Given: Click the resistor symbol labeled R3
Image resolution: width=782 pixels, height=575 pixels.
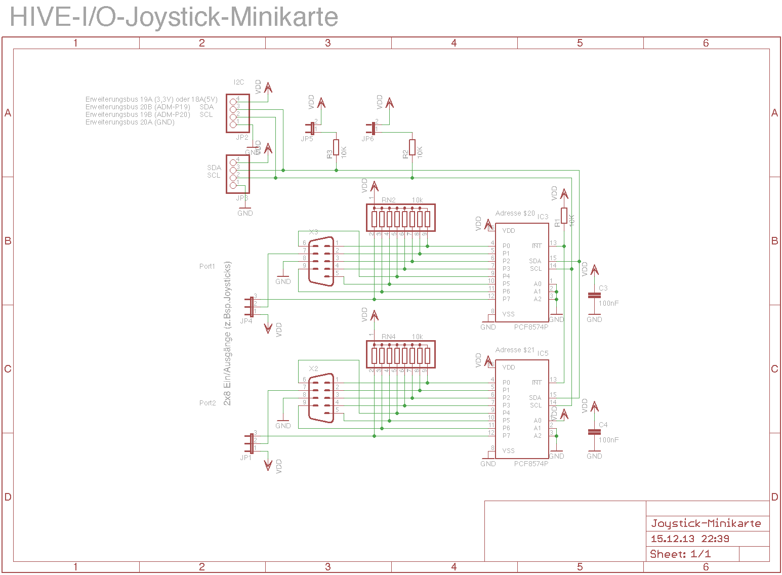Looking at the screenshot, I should pyautogui.click(x=336, y=147).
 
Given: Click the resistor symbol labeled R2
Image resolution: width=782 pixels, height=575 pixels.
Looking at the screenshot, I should pyautogui.click(x=412, y=147).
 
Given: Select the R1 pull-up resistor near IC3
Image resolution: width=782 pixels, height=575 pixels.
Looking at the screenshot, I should pyautogui.click(x=564, y=216).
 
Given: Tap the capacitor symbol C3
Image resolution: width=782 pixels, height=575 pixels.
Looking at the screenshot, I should pyautogui.click(x=594, y=295).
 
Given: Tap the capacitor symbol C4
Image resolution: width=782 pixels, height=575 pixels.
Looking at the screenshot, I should pyautogui.click(x=594, y=432).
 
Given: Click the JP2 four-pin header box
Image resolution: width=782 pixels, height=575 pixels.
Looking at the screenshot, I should pyautogui.click(x=238, y=113).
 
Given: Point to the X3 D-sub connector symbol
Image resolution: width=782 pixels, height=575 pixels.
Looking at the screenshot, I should pyautogui.click(x=321, y=261).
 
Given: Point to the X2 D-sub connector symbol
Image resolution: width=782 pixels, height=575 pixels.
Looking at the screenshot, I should pyautogui.click(x=321, y=398).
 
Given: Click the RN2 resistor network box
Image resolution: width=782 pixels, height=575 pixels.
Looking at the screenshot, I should pyautogui.click(x=400, y=218).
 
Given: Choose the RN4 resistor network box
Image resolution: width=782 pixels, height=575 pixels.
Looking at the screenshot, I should pyautogui.click(x=400, y=354).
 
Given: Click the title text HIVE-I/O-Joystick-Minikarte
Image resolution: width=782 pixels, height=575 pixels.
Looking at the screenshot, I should pyautogui.click(x=174, y=17).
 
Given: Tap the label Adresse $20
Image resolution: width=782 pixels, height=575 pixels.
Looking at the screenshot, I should pyautogui.click(x=515, y=213).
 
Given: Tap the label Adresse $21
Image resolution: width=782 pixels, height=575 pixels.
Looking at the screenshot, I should pyautogui.click(x=515, y=350).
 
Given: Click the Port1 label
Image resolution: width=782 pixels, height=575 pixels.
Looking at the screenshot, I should pyautogui.click(x=207, y=266).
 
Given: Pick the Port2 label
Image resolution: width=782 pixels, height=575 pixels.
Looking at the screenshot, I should pyautogui.click(x=207, y=403).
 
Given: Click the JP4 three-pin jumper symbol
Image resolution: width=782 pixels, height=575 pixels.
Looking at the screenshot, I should pyautogui.click(x=251, y=307).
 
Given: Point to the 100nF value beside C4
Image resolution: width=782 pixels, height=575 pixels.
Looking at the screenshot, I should pyautogui.click(x=608, y=440).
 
